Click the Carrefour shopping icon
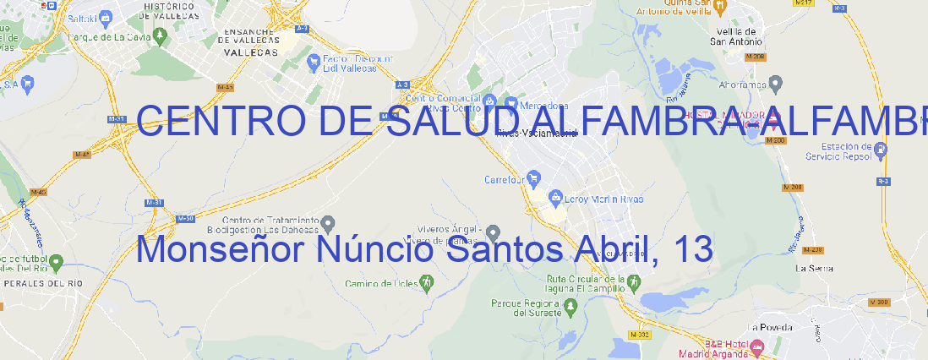pos(534,178)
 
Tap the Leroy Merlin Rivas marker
pos(555,199)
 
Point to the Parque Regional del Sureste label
pos(526,307)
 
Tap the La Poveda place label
pos(771,327)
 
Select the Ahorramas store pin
pos(776,84)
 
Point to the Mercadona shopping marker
pos(509,100)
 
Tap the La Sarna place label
pos(815,268)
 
